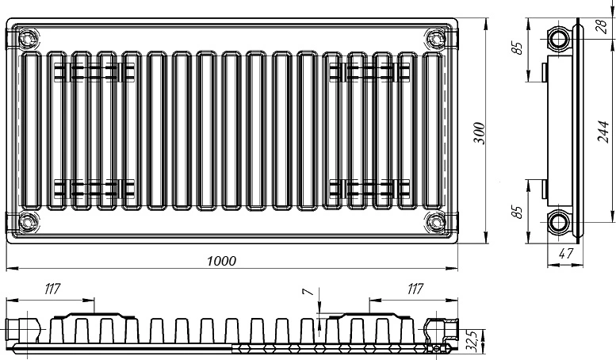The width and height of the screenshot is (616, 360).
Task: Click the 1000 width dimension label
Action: tap(221, 261)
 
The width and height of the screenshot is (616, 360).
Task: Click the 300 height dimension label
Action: tap(480, 133)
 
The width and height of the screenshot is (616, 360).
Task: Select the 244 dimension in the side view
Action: tap(603, 132)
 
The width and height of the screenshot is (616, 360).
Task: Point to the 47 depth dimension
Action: tap(566, 254)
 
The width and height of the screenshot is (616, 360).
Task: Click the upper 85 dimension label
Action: tap(518, 48)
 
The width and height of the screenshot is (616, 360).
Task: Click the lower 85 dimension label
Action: tap(518, 212)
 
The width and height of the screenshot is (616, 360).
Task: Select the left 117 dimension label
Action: tap(52, 289)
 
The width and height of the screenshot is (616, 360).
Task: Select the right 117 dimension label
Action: tap(415, 289)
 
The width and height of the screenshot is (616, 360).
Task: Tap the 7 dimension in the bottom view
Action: tap(308, 291)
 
